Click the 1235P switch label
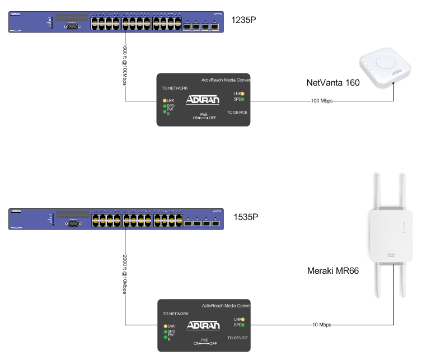(x=247, y=21)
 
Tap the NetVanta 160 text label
(x=332, y=83)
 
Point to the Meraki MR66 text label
(x=333, y=270)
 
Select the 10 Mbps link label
(x=323, y=325)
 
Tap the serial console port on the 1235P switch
(x=72, y=25)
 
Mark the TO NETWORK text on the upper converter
(x=175, y=88)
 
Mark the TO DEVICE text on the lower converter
(x=237, y=338)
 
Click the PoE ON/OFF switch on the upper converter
(x=204, y=118)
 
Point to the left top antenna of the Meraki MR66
(x=377, y=190)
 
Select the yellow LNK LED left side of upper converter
(x=165, y=100)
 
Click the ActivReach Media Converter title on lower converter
(x=226, y=306)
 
